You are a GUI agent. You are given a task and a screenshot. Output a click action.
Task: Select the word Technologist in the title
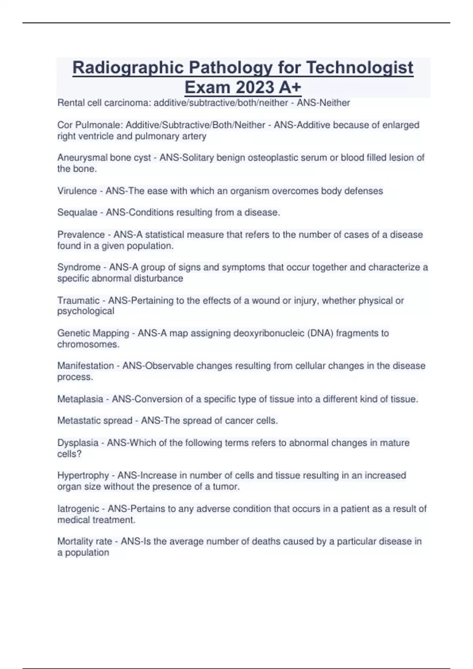click(359, 68)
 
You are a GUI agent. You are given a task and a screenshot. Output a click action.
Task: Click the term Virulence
click(77, 191)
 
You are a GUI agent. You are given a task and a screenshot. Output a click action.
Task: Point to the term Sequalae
click(77, 213)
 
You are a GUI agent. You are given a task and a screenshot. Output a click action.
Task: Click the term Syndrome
click(79, 267)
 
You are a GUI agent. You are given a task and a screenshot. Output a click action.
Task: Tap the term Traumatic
click(78, 301)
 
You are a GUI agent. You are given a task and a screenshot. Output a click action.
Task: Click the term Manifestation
click(86, 366)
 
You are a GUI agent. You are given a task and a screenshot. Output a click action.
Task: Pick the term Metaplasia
click(80, 399)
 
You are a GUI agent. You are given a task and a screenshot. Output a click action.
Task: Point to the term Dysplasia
click(78, 443)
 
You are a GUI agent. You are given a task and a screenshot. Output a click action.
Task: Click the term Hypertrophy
click(83, 475)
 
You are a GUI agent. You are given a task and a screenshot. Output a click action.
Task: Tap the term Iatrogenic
click(78, 509)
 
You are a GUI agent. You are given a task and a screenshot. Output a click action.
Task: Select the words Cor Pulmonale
click(90, 125)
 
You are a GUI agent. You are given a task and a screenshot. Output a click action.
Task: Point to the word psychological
click(86, 311)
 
